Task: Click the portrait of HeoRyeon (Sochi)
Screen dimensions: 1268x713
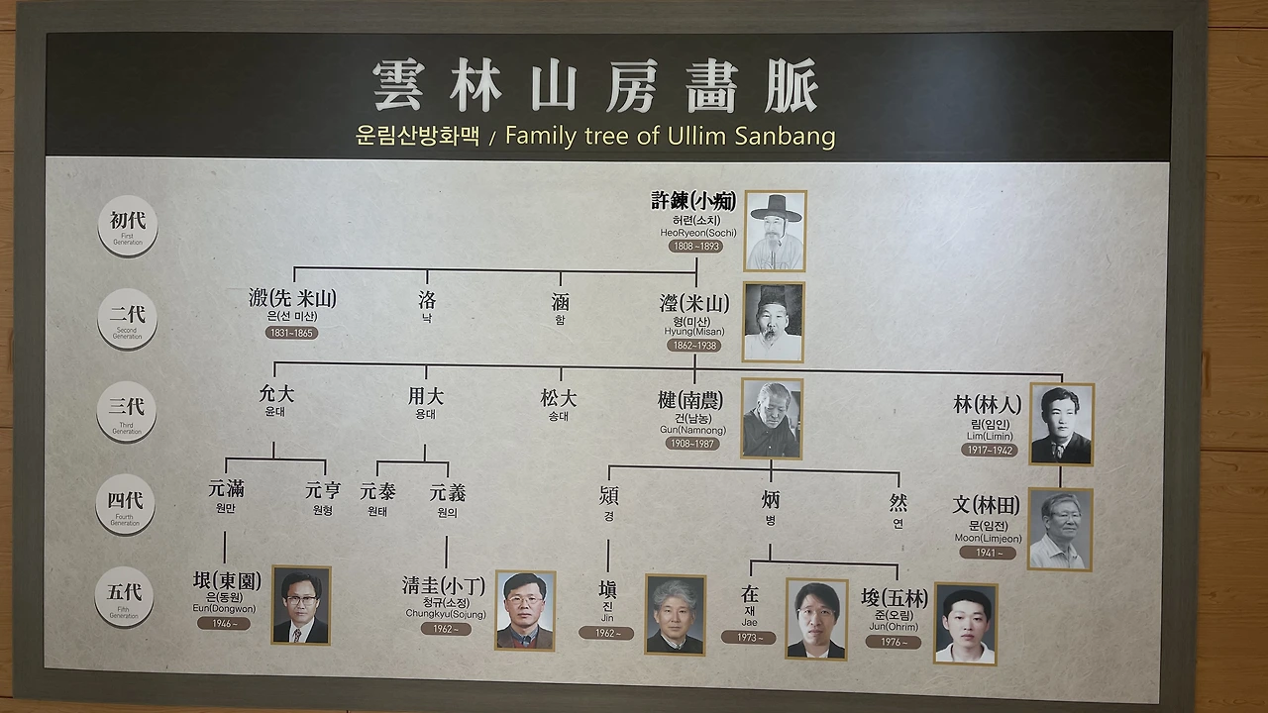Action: [x=775, y=231]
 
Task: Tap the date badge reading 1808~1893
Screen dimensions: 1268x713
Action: [x=694, y=246]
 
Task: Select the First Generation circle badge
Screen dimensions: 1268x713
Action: [x=127, y=226]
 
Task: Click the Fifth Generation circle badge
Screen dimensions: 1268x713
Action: [x=124, y=596]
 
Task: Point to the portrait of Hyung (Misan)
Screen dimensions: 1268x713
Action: [x=773, y=322]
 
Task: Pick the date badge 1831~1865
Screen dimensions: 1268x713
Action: [x=291, y=333]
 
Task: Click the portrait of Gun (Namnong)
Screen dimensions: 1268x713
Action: [x=772, y=419]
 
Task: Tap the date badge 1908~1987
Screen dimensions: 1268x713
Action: [x=692, y=444]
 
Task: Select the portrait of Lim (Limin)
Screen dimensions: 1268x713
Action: [x=1061, y=424]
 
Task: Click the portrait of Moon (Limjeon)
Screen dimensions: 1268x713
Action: [x=1060, y=529]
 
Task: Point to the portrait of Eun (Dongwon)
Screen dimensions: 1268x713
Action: [x=301, y=605]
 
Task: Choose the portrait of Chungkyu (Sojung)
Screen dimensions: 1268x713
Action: [x=525, y=610]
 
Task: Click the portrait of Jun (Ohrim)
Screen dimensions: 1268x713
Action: [x=966, y=623]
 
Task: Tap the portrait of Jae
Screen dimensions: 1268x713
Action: [x=816, y=619]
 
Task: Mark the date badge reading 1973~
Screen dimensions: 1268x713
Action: [x=748, y=637]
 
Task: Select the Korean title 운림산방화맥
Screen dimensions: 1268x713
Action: [x=417, y=136]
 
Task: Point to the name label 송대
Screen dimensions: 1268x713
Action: [x=558, y=417]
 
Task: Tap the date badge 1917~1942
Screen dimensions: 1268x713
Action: [x=988, y=450]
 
